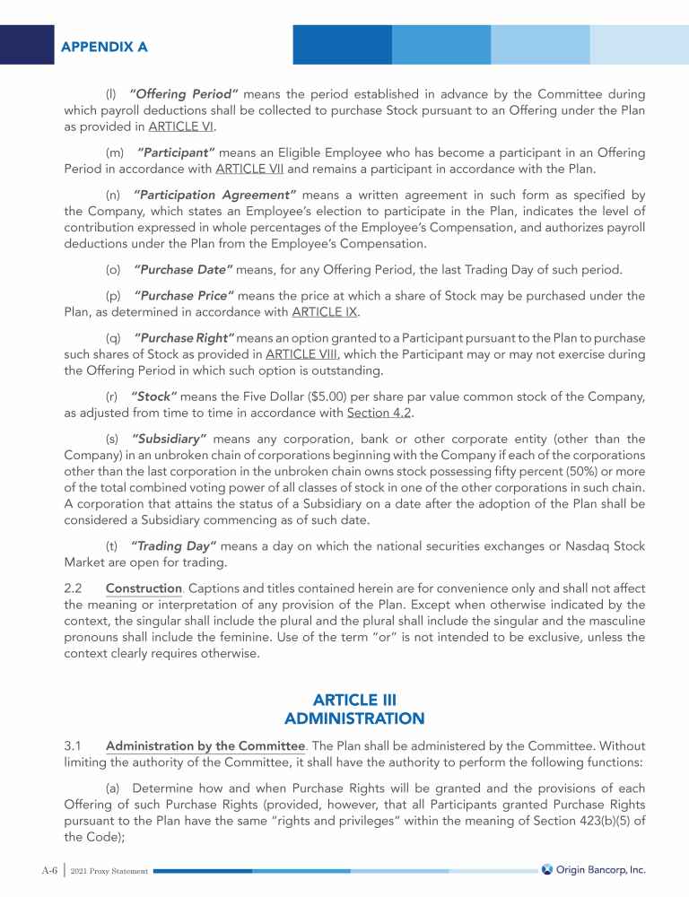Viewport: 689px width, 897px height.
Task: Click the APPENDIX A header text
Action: click(x=105, y=46)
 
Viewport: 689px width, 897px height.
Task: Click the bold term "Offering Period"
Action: click(x=183, y=93)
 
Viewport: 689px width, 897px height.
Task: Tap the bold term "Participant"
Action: click(x=176, y=152)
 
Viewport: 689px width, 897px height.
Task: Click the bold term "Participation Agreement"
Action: click(x=214, y=194)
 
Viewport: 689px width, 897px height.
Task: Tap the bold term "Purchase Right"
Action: click(x=184, y=337)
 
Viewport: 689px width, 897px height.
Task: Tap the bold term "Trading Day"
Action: click(x=169, y=546)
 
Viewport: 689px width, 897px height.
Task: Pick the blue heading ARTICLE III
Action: click(x=353, y=699)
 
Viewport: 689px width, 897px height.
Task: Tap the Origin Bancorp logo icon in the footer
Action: click(x=546, y=869)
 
